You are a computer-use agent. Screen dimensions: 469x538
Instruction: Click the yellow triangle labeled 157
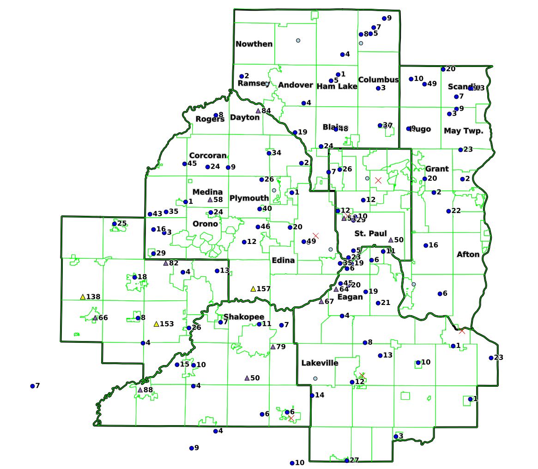253,289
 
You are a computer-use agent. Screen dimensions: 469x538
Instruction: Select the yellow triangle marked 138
83,297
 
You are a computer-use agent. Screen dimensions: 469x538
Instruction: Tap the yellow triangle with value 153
156,324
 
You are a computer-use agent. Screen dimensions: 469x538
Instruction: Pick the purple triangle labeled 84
258,110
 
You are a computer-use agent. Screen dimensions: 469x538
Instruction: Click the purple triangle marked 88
140,390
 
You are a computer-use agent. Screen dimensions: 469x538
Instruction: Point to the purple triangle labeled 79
273,347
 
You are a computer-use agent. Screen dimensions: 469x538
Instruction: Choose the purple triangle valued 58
210,200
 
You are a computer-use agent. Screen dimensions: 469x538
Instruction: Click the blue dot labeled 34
269,153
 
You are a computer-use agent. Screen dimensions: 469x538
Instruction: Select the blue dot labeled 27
347,460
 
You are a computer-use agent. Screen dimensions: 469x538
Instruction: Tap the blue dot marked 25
115,224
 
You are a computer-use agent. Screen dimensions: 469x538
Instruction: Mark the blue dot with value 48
336,129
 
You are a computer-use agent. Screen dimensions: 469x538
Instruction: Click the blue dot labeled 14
312,395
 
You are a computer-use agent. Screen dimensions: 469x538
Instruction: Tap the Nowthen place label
254,44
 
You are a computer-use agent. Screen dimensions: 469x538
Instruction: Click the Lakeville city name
320,363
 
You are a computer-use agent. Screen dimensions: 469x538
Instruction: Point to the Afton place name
468,254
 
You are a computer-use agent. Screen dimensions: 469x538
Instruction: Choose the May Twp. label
463,131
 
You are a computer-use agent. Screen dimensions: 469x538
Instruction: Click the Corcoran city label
208,156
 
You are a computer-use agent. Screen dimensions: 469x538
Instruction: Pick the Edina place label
283,260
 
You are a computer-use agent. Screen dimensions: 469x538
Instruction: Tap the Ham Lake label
337,86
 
